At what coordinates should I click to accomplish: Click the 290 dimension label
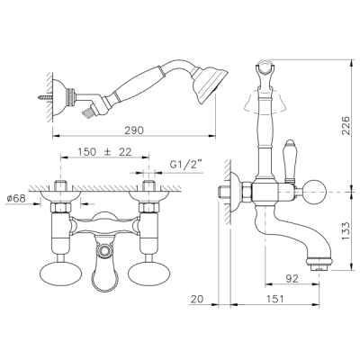135,130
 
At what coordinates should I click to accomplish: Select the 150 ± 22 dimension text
104,152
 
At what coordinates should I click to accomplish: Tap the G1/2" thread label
186,165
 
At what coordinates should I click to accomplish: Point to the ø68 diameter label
16,198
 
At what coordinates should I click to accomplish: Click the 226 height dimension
346,125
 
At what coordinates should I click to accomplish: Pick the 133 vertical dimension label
346,230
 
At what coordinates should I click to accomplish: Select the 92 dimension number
292,279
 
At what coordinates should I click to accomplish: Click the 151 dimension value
274,299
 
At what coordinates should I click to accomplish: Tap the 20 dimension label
197,299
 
